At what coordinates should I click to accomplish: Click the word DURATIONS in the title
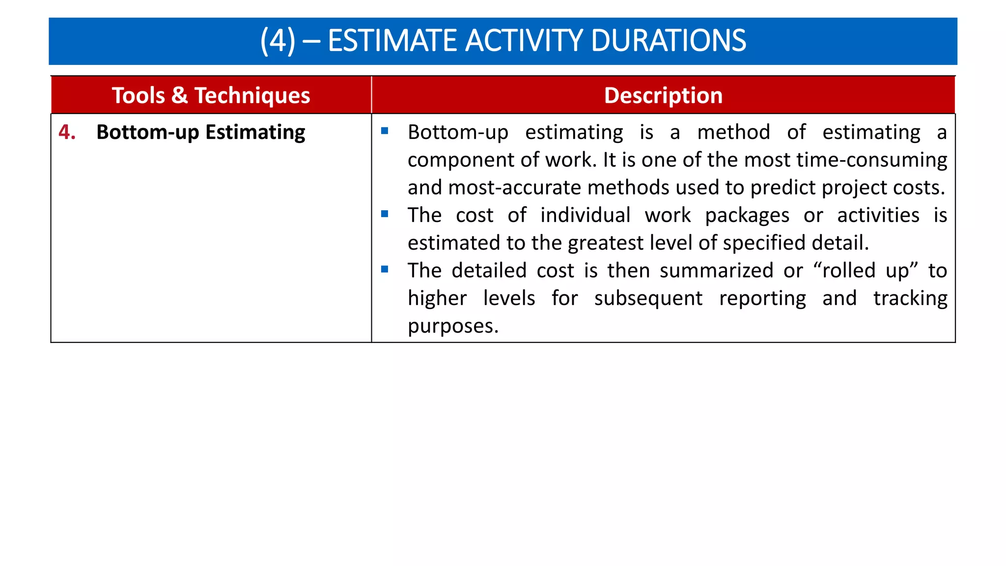(x=669, y=40)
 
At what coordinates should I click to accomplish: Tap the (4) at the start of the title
(x=278, y=40)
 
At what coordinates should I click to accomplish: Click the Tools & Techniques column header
(x=211, y=95)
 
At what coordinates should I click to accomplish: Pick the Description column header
(x=663, y=95)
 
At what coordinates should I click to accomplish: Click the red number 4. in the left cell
(x=67, y=132)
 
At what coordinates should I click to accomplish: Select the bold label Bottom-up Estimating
(x=200, y=133)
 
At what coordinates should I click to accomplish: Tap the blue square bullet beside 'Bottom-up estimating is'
(x=385, y=131)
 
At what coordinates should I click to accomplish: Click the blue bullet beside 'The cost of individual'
(x=385, y=214)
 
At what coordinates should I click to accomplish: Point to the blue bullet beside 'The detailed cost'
(x=385, y=269)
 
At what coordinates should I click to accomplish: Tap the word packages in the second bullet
(x=747, y=216)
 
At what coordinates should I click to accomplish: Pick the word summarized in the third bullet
(x=716, y=271)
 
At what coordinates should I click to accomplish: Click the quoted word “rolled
(x=844, y=271)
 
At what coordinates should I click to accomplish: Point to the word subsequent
(x=648, y=299)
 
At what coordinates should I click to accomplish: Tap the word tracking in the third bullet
(x=910, y=299)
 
